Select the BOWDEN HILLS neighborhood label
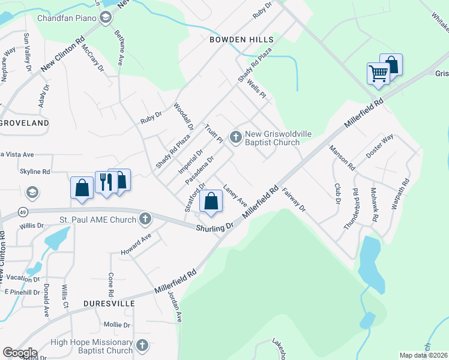coord(241,40)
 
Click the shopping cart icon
coord(378,74)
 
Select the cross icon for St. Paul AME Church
coord(145,220)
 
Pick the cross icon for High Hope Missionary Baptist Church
coord(142,346)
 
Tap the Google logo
coord(20,353)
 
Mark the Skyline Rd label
coord(35,172)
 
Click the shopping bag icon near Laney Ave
coord(211,201)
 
